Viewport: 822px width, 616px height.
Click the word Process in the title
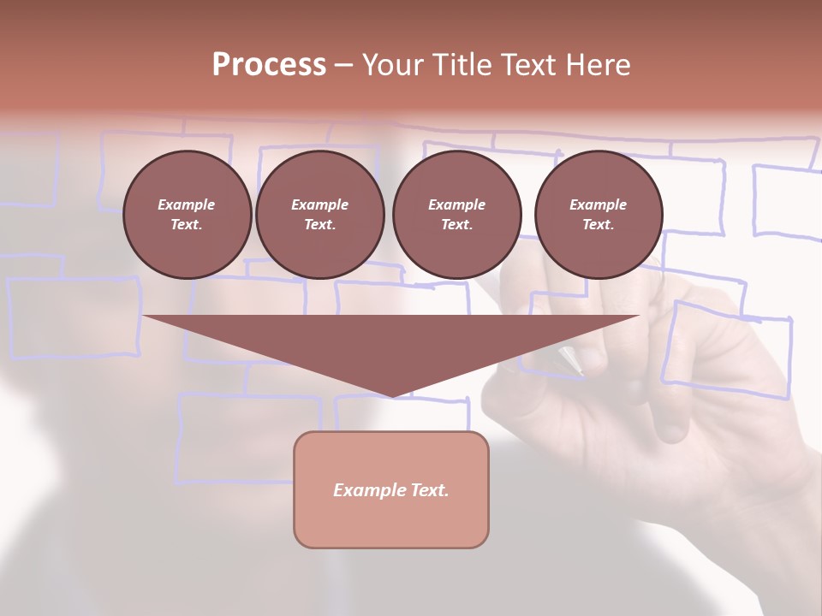pos(269,65)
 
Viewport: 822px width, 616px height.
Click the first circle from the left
pos(187,215)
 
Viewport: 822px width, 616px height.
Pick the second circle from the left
pos(319,215)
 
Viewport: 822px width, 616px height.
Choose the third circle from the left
pos(456,215)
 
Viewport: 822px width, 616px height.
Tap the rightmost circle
pos(598,215)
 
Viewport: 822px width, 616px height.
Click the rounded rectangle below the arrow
pos(391,489)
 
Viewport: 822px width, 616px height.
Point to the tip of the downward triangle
pos(392,395)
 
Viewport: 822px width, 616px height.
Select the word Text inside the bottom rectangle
pos(428,490)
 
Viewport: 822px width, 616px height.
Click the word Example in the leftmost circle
pos(187,204)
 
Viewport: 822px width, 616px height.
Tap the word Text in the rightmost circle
pos(598,225)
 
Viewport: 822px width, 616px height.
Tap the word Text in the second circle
pos(319,225)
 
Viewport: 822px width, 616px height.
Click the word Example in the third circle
pos(456,204)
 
